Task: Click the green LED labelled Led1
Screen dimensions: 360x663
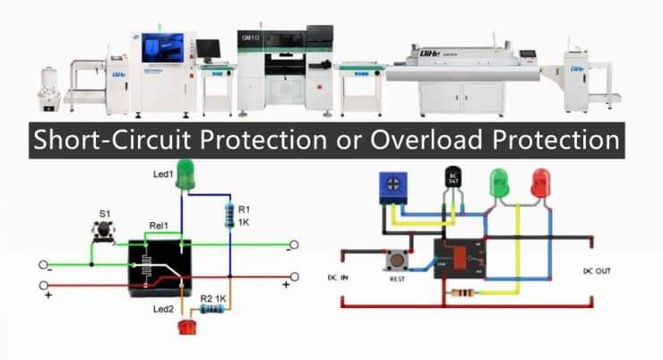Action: [185, 173]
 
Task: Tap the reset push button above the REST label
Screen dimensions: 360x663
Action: [394, 262]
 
